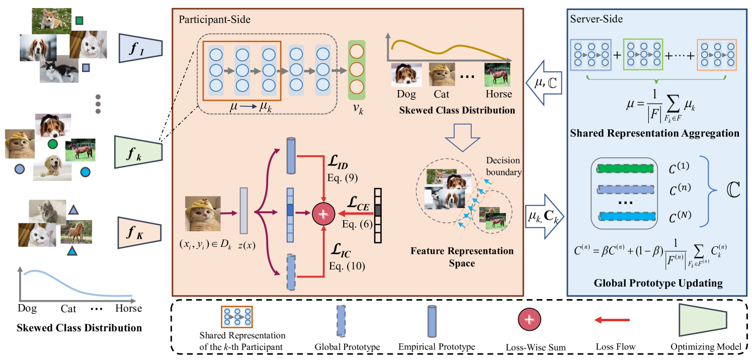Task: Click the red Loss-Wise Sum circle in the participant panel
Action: (323, 214)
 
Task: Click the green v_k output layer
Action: (356, 70)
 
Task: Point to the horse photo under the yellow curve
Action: (497, 75)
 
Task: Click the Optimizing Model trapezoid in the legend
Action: (703, 320)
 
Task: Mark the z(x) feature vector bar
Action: (244, 210)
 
